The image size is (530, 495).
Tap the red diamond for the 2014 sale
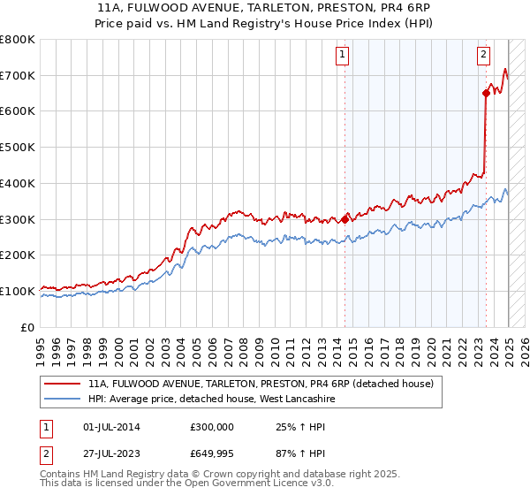(344, 219)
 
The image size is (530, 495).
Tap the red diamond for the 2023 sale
(487, 93)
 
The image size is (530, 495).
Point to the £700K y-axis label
(18, 76)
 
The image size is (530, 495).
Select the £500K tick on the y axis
(18, 148)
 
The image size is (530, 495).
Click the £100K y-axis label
(18, 291)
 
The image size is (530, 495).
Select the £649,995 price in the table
(212, 455)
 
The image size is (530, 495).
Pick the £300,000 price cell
(212, 427)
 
